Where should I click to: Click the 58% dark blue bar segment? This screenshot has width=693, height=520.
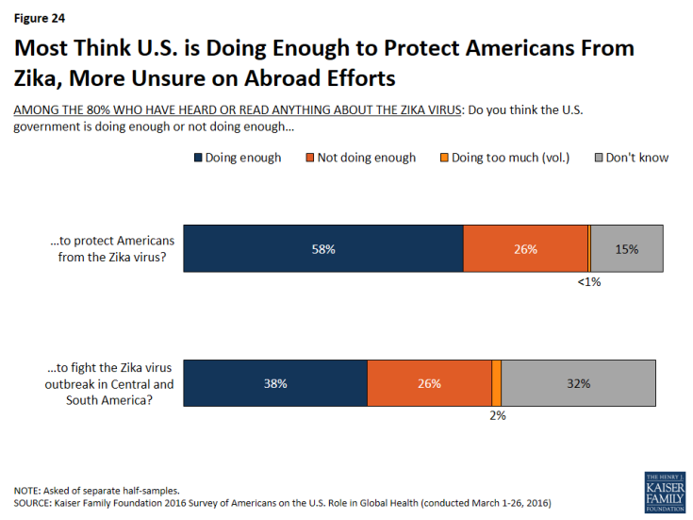tap(322, 249)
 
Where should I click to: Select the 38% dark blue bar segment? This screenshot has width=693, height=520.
tap(274, 383)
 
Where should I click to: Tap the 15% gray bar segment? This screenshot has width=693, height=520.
tap(626, 249)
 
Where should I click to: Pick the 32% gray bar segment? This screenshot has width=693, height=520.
tap(578, 383)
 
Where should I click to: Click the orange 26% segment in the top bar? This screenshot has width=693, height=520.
tap(525, 249)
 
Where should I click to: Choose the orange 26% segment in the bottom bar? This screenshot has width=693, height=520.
tap(429, 383)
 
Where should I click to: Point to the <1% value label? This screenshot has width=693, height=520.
tap(588, 281)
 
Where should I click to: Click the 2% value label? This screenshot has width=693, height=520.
tap(496, 415)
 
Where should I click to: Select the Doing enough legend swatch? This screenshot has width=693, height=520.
tap(198, 158)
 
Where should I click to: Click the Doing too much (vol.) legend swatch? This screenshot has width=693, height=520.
tap(442, 158)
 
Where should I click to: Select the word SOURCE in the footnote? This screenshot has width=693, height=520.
tap(34, 502)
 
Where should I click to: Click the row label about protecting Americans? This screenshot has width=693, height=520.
tap(112, 249)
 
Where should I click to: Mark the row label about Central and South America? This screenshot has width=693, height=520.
tap(112, 383)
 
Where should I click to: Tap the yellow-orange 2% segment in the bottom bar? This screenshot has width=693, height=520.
tap(496, 383)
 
